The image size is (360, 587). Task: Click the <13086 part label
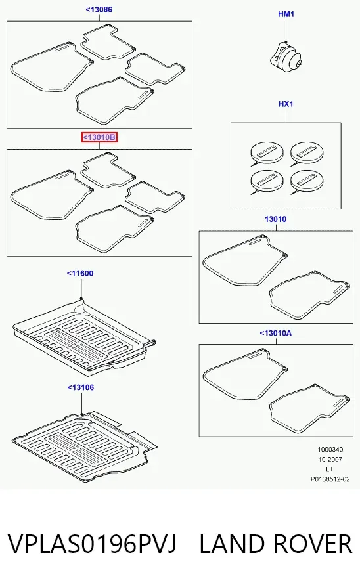[99, 9]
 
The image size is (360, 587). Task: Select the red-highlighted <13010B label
[100, 137]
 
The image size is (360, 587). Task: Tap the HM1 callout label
[286, 14]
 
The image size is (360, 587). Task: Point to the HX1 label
[286, 104]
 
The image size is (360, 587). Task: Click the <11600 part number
[80, 273]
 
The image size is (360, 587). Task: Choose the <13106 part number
[81, 387]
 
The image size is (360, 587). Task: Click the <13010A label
[275, 333]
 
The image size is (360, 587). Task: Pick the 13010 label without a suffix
[275, 219]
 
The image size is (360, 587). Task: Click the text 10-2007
[330, 460]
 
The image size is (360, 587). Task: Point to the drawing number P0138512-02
[330, 479]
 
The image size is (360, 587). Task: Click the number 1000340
[330, 450]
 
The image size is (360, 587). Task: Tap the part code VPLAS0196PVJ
[92, 544]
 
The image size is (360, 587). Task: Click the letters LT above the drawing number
[330, 469]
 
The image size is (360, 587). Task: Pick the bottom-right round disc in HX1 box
[307, 182]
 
